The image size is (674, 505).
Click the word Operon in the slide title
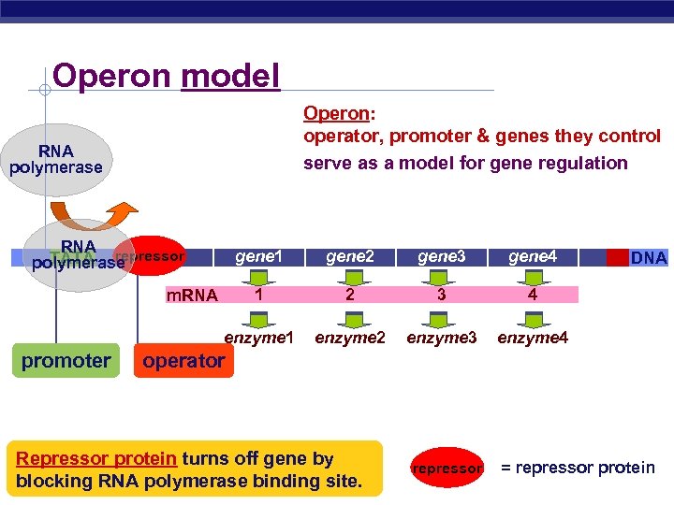point(113,75)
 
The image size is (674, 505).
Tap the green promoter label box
point(66,360)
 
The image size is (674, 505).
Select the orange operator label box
point(183,360)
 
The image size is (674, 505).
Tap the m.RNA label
point(192,296)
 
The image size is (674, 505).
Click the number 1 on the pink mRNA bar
point(258,295)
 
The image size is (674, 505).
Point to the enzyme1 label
point(259,337)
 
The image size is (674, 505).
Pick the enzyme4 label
point(533,337)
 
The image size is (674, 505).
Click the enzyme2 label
point(350,337)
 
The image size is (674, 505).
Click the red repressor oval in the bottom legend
point(447,468)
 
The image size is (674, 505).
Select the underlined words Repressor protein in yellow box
point(96,458)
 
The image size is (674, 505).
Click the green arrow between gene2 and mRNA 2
point(350,276)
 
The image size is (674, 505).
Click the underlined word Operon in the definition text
point(336,113)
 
